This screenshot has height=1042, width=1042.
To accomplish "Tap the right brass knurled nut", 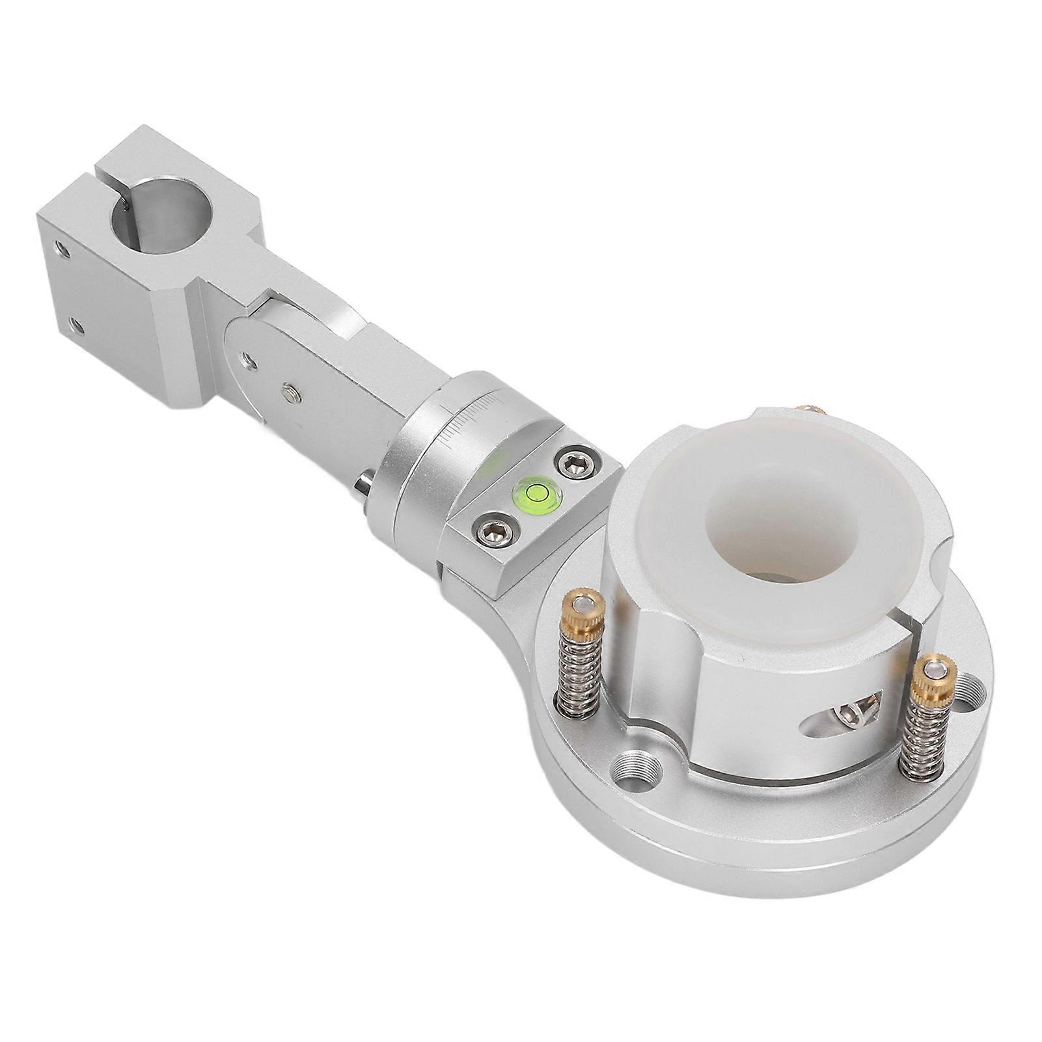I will (x=932, y=679).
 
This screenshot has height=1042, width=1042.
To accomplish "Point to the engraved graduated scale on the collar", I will (x=470, y=421).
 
